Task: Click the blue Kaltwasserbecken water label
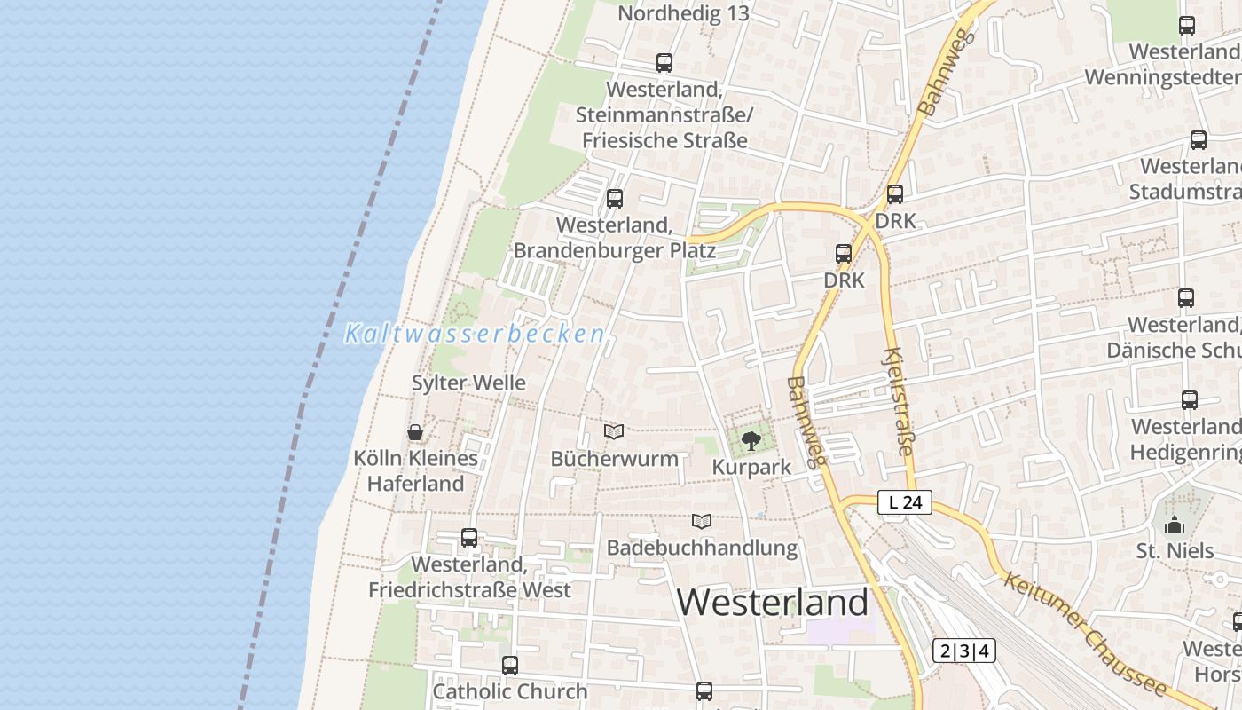[x=475, y=335]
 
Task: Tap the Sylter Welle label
[x=468, y=383]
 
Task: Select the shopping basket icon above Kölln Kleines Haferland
[x=414, y=432]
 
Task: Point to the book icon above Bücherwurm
[x=614, y=432]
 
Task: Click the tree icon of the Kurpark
[x=751, y=440]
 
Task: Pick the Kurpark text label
[x=751, y=468]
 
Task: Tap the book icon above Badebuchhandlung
[x=702, y=521]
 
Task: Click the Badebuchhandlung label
[x=702, y=548]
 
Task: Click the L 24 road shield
[x=905, y=502]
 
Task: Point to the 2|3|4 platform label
[x=963, y=651]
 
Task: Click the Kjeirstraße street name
[x=898, y=401]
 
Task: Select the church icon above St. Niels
[x=1175, y=525]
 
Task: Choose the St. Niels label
[x=1175, y=551]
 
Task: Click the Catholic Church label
[x=510, y=691]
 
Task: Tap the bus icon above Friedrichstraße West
[x=469, y=538]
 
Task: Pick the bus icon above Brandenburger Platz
[x=614, y=199]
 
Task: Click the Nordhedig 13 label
[x=683, y=13]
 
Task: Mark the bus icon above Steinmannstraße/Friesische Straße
[x=664, y=63]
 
